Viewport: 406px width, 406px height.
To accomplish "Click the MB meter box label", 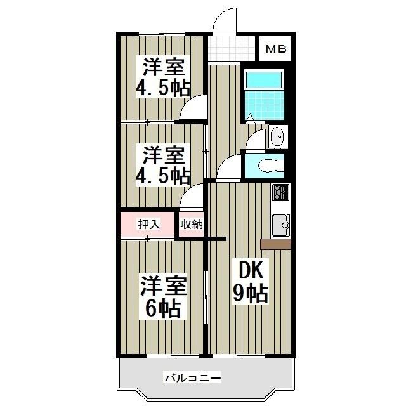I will pyautogui.click(x=275, y=48).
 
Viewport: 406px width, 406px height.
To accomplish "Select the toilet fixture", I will pyautogui.click(x=269, y=165).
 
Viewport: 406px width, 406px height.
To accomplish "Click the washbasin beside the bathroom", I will pyautogui.click(x=277, y=136).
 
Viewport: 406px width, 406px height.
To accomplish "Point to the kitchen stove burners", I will pyautogui.click(x=280, y=191).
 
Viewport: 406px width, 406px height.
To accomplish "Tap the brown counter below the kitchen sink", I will pyautogui.click(x=275, y=244).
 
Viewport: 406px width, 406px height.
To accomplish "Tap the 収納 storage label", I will pyautogui.click(x=191, y=225).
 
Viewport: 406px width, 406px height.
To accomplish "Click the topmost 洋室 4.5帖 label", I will pyautogui.click(x=163, y=77).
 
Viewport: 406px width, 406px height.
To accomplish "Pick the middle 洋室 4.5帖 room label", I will pyautogui.click(x=163, y=164).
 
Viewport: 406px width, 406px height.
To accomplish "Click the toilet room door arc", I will pyautogui.click(x=230, y=169).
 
